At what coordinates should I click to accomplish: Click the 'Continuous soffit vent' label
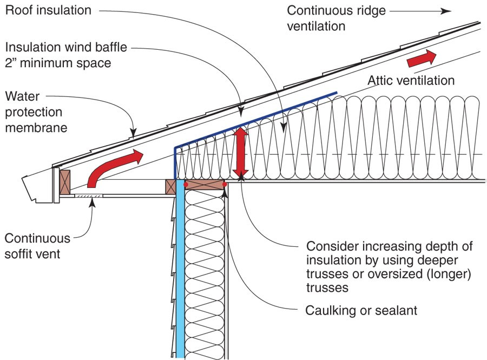point(37,245)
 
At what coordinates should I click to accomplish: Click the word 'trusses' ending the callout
point(326,287)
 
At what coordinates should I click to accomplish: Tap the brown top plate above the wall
point(205,185)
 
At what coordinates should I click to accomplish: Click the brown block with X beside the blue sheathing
point(171,186)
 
